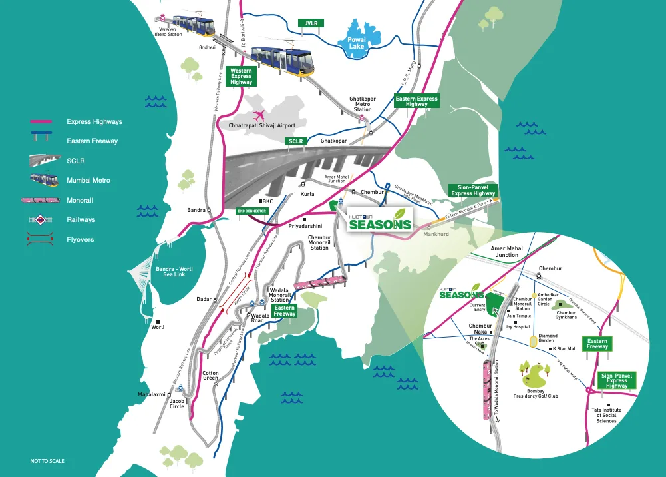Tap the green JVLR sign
311,23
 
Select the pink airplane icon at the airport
259,115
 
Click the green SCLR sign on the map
295,141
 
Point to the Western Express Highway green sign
241,76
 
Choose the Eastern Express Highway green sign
416,101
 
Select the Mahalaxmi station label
151,394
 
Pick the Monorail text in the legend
81,200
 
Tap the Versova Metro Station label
168,32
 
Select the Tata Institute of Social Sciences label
606,416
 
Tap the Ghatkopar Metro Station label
363,104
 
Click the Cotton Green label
210,376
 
